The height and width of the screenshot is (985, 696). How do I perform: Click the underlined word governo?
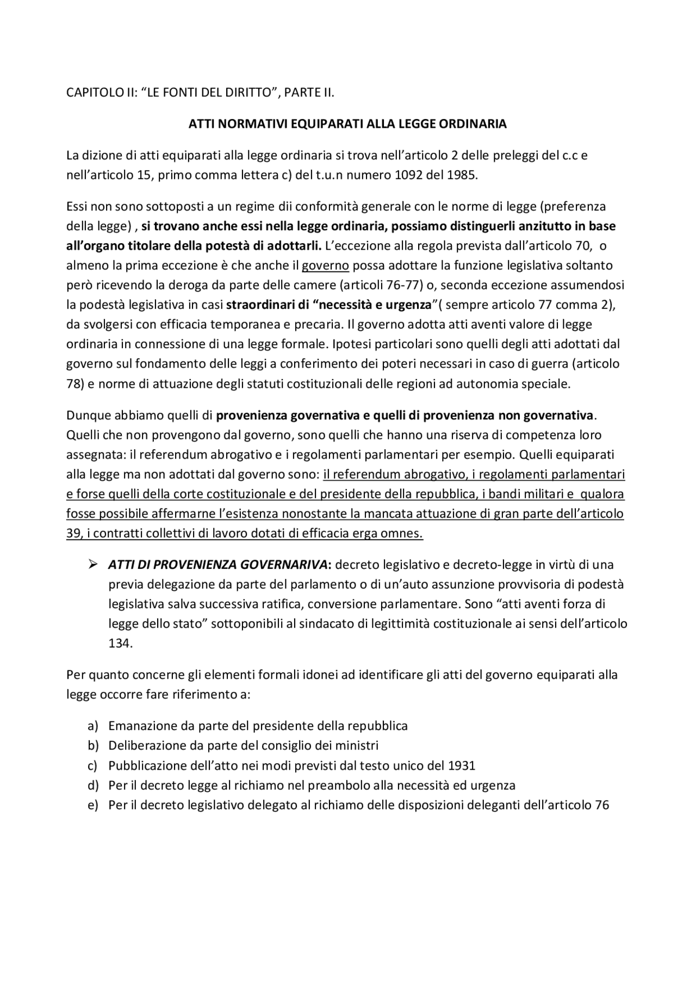[325, 265]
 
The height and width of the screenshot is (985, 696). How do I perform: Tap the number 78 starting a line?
[73, 383]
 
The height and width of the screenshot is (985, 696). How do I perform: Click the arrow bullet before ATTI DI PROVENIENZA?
[92, 565]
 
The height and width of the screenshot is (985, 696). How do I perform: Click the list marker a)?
[92, 726]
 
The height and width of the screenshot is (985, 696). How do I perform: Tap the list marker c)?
[92, 766]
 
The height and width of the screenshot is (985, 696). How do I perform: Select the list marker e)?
[92, 806]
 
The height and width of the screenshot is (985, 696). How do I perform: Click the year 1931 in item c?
[462, 766]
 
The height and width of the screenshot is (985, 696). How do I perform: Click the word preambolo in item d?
[335, 785]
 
